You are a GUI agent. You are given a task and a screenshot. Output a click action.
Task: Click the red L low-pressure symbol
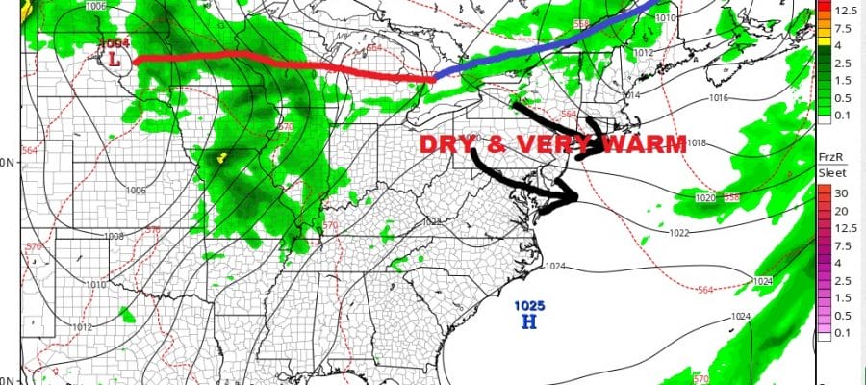(116, 60)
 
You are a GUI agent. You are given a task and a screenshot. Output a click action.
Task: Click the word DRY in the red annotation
(446, 145)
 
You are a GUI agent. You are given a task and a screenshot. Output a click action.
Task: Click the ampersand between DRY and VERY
(492, 145)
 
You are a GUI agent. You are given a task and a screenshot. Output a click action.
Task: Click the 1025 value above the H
(527, 306)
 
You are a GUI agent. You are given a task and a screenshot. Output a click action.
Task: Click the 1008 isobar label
(114, 236)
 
